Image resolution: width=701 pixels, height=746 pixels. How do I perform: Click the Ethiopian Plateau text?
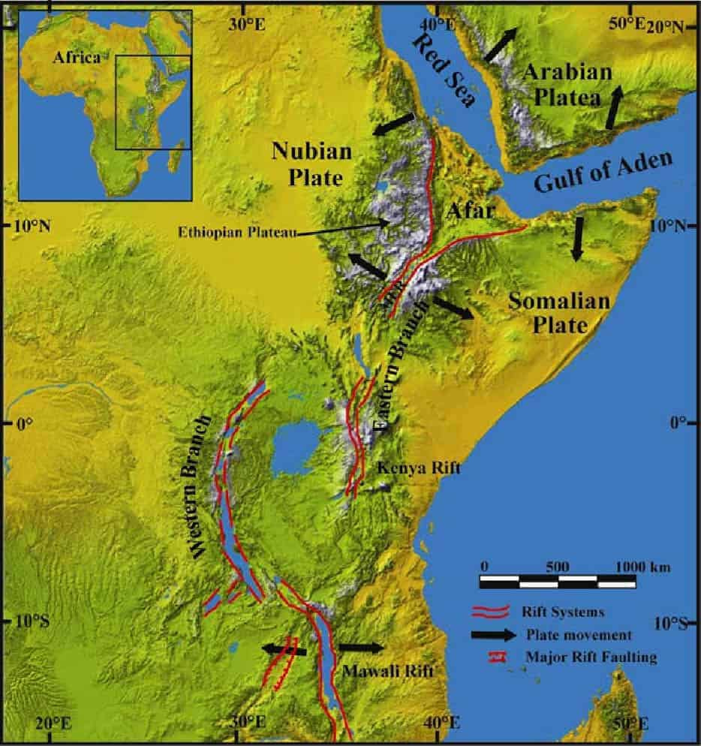click(x=238, y=232)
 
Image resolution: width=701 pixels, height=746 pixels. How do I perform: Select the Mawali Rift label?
click(x=388, y=671)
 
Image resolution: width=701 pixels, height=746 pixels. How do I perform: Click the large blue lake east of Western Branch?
click(x=296, y=449)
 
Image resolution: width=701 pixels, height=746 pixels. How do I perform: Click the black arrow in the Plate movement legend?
click(x=494, y=635)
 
